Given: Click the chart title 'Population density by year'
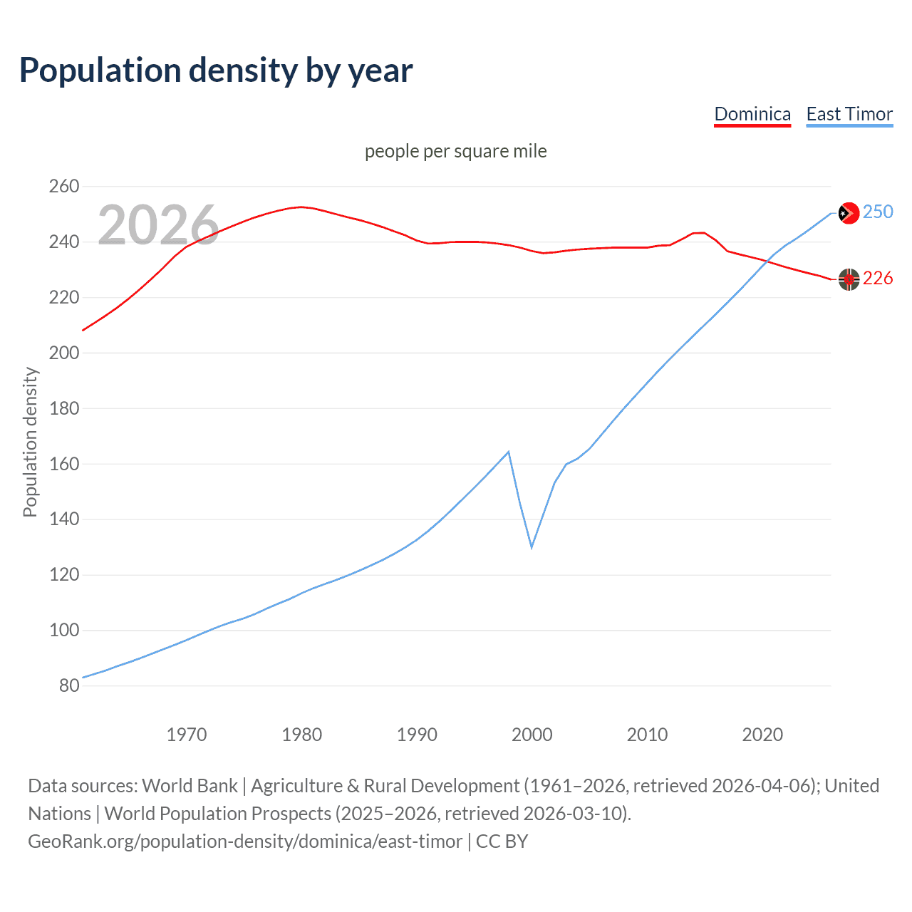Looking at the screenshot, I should tap(216, 70).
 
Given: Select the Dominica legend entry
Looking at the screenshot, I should tap(752, 114).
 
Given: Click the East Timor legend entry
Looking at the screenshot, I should tap(849, 114).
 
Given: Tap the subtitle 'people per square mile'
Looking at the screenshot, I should tap(455, 151).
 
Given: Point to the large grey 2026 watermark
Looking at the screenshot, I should tap(158, 225).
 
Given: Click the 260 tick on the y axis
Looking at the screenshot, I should tap(64, 187).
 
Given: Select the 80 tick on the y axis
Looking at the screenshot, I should tap(69, 685).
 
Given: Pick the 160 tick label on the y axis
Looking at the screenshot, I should tap(64, 464).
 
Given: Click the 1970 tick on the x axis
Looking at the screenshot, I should tap(187, 734).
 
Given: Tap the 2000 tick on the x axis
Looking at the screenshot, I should tap(532, 734).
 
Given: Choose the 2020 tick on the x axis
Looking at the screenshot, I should tap(762, 734).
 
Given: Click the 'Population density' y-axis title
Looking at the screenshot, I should tap(30, 442).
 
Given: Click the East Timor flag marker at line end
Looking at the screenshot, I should tap(849, 213).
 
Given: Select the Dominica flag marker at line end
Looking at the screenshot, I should tap(849, 279).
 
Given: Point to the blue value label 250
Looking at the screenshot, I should tap(878, 212).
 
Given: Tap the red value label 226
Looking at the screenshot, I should tap(878, 278).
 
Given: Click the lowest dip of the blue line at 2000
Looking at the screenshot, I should tap(532, 547).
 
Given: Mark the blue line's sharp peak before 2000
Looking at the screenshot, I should tap(508, 452).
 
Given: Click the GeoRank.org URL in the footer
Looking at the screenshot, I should tap(245, 841).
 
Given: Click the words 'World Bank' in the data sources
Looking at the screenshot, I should tap(190, 786).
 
